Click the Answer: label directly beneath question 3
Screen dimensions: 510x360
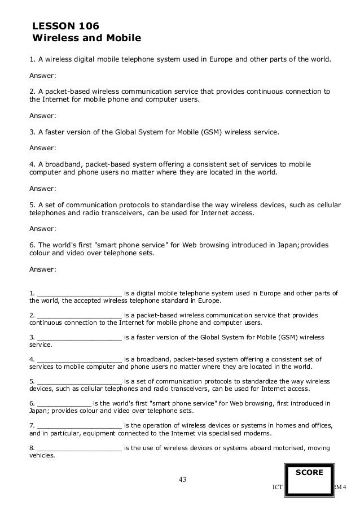42,149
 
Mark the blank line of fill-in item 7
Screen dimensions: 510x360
80,425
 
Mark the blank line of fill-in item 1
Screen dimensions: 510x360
80,293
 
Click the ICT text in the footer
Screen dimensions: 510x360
276,487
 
